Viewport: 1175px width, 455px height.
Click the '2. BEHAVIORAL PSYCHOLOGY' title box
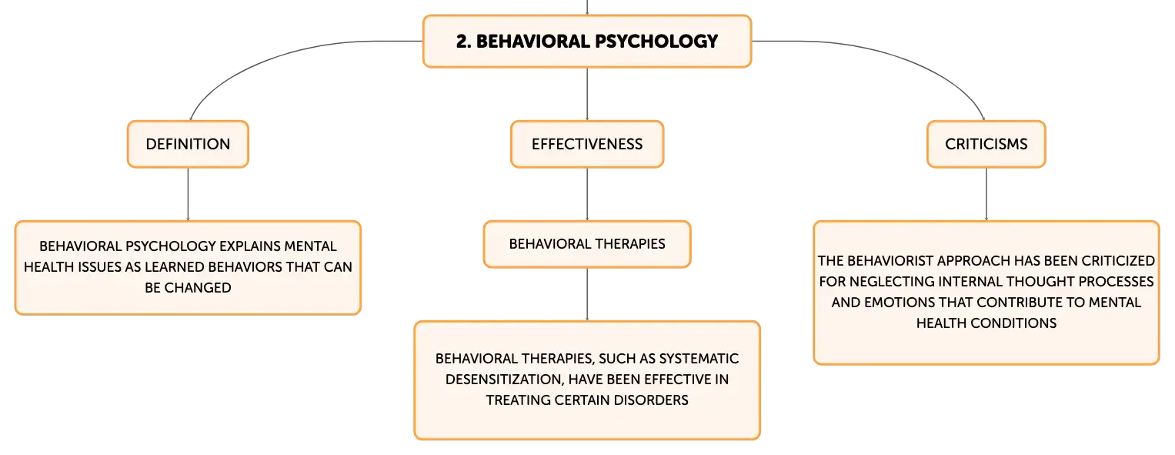(x=587, y=41)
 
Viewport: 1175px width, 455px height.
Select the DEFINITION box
(x=188, y=144)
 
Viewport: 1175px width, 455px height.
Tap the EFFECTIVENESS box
(x=587, y=144)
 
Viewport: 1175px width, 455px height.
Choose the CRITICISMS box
(x=986, y=144)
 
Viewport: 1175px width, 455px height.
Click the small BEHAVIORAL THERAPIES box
(x=587, y=244)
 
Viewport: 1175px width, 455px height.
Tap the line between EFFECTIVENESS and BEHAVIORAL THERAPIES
(x=587, y=194)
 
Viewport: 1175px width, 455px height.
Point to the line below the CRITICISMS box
(x=986, y=194)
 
